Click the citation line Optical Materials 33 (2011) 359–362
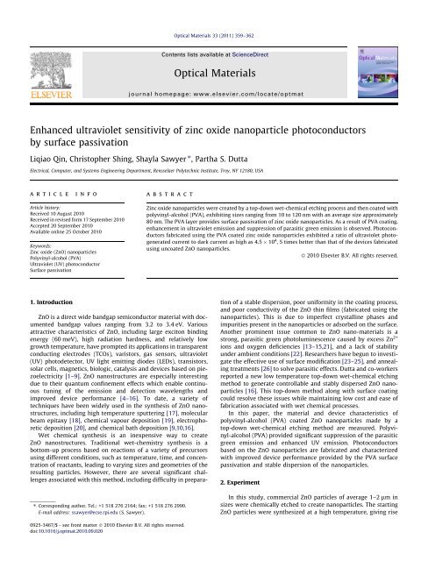(210, 12)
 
